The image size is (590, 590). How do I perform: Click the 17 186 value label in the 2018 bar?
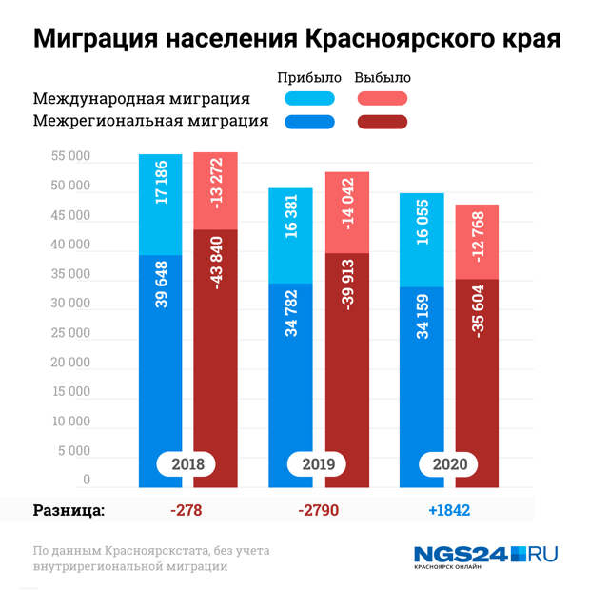click(161, 182)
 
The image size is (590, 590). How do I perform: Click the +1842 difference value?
click(449, 510)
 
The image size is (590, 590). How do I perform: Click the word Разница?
click(69, 510)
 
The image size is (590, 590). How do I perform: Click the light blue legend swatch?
click(309, 98)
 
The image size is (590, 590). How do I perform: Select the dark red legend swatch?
click(383, 121)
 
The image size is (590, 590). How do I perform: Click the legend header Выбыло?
click(383, 77)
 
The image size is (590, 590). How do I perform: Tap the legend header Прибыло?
click(308, 77)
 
